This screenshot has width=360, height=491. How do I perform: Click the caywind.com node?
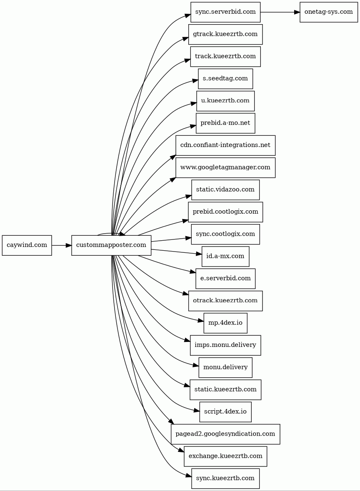point(27,245)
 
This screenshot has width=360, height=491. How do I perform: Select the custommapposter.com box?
point(111,245)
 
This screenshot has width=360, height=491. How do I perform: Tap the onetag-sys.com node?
point(328,12)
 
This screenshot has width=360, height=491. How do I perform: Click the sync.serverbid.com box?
point(225,12)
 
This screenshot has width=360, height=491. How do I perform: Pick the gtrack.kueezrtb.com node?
point(225,34)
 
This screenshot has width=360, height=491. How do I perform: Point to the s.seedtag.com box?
point(225,79)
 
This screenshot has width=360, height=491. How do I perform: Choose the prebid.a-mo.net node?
point(225,123)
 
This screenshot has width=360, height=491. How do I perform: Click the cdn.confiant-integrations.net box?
point(225,145)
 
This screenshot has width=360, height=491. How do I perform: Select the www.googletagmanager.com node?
point(225,167)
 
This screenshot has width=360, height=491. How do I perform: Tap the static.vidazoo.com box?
point(225,190)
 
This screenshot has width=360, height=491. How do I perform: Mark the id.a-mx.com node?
point(225,257)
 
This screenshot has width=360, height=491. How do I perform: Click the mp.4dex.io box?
point(225,323)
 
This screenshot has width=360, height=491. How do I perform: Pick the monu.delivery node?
point(225,367)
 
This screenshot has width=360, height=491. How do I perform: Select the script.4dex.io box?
point(225,412)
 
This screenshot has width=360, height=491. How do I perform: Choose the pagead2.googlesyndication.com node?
point(225,434)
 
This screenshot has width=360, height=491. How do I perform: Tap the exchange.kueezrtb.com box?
point(225,456)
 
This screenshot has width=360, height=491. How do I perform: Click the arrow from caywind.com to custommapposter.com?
point(61,245)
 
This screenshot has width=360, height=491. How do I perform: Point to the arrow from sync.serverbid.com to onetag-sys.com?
point(280,12)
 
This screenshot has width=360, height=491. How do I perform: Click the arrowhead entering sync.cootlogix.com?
point(188,238)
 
